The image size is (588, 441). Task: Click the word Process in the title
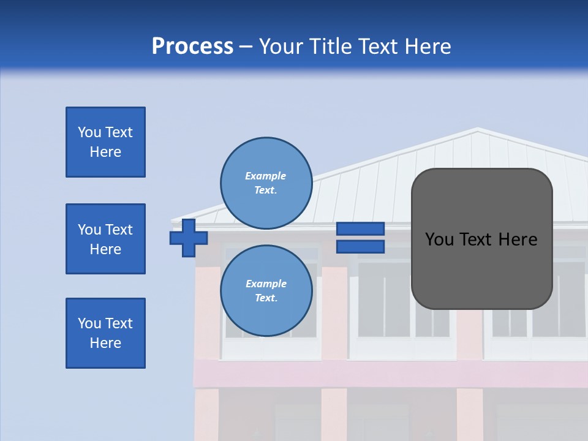192,47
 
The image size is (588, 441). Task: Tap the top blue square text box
105,142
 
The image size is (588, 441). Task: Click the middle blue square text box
105,239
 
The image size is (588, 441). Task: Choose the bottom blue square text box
105,333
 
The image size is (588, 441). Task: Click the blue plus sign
189,238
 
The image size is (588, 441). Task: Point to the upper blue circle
266,183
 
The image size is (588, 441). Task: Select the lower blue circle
266,291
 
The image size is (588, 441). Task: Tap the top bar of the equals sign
361,229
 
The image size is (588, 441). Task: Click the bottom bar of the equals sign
361,247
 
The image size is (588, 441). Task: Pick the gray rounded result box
481,269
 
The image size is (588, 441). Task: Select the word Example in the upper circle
266,176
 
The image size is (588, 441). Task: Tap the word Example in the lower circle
266,284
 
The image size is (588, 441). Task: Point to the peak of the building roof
478,129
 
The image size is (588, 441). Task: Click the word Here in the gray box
518,239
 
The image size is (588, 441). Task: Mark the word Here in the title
428,47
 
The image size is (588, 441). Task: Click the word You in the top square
88,132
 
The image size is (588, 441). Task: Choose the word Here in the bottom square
105,343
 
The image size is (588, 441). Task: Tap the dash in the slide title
246,47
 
